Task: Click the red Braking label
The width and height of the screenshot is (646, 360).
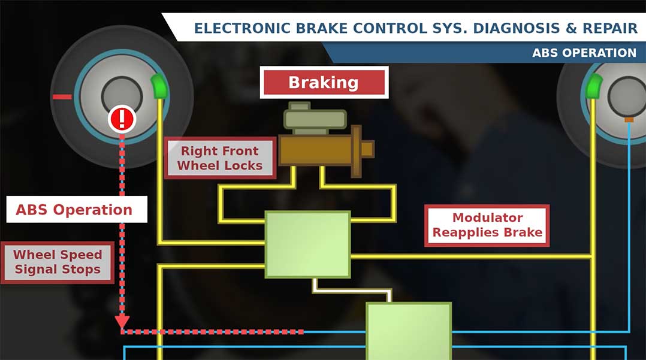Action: click(324, 82)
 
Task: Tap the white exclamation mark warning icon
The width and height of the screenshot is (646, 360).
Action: click(122, 119)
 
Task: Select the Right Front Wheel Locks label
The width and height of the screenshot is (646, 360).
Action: click(220, 158)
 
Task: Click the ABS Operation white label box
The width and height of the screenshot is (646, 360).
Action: click(74, 210)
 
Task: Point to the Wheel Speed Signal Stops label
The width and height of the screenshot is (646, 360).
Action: click(58, 262)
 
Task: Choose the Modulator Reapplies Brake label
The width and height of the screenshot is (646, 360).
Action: click(487, 225)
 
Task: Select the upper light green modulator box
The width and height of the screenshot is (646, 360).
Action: click(307, 244)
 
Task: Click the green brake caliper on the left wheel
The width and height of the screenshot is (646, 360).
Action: click(160, 87)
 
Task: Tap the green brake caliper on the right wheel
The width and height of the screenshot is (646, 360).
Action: click(593, 87)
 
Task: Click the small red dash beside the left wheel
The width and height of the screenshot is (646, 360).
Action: click(62, 96)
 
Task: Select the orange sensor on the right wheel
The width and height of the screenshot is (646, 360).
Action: click(629, 120)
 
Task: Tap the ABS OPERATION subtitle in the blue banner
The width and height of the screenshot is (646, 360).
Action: click(584, 53)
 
